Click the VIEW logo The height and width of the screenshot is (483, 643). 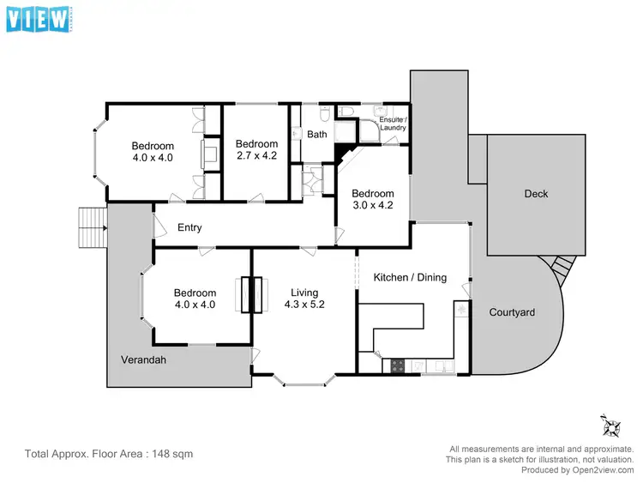[x=38, y=19]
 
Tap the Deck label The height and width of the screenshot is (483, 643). [x=536, y=194]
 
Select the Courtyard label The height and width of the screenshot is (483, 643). [x=512, y=312]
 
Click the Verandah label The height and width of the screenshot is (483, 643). [x=143, y=359]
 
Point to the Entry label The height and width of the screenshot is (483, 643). [x=189, y=227]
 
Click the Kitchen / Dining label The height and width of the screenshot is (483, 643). [x=410, y=277]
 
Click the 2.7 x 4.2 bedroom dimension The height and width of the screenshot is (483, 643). [x=257, y=157]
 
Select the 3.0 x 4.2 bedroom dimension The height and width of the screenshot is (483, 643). [x=373, y=206]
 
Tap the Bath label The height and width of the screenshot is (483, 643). [x=317, y=135]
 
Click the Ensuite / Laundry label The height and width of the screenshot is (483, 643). [x=393, y=124]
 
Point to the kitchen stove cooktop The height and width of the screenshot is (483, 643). [x=399, y=365]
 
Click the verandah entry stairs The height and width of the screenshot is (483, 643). [x=89, y=227]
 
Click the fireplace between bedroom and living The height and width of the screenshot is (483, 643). [x=252, y=295]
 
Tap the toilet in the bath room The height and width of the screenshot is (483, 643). [x=324, y=114]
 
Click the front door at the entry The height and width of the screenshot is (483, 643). [x=157, y=226]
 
